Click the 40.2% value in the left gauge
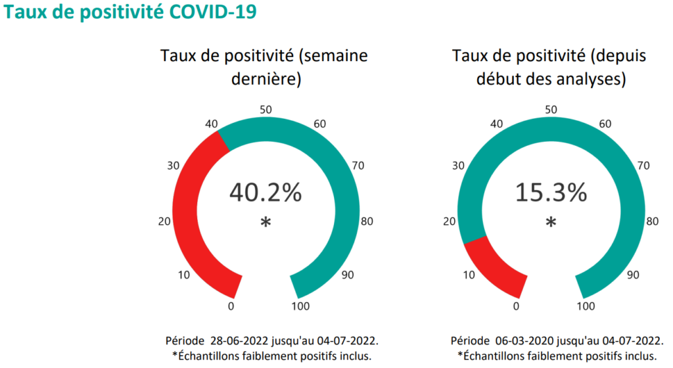[x=265, y=193]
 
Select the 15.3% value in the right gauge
[x=550, y=193]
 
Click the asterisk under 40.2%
[x=265, y=223]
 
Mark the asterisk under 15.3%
[x=550, y=223]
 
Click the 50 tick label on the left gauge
[x=266, y=110]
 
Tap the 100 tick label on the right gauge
[x=585, y=306]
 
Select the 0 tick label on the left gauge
[x=231, y=306]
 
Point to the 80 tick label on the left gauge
[x=367, y=221]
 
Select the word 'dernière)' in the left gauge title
[x=265, y=81]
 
